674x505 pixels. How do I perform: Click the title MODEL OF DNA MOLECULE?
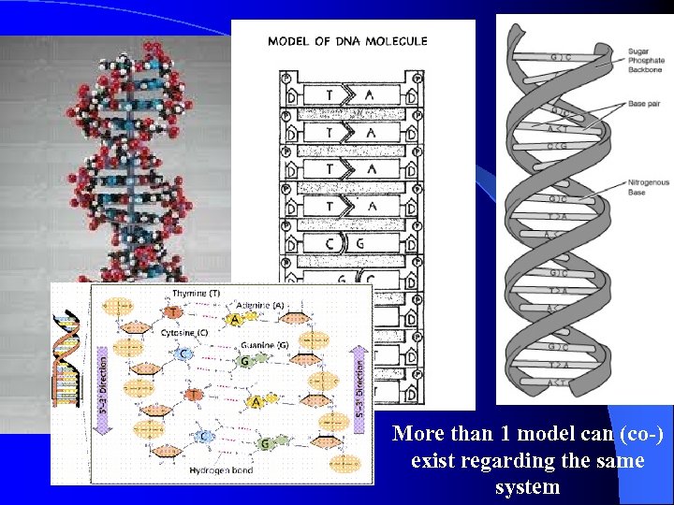347,41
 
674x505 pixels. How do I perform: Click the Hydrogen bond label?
222,469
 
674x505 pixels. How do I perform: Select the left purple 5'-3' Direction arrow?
104,384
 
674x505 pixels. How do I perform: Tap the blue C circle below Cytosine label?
183,353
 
